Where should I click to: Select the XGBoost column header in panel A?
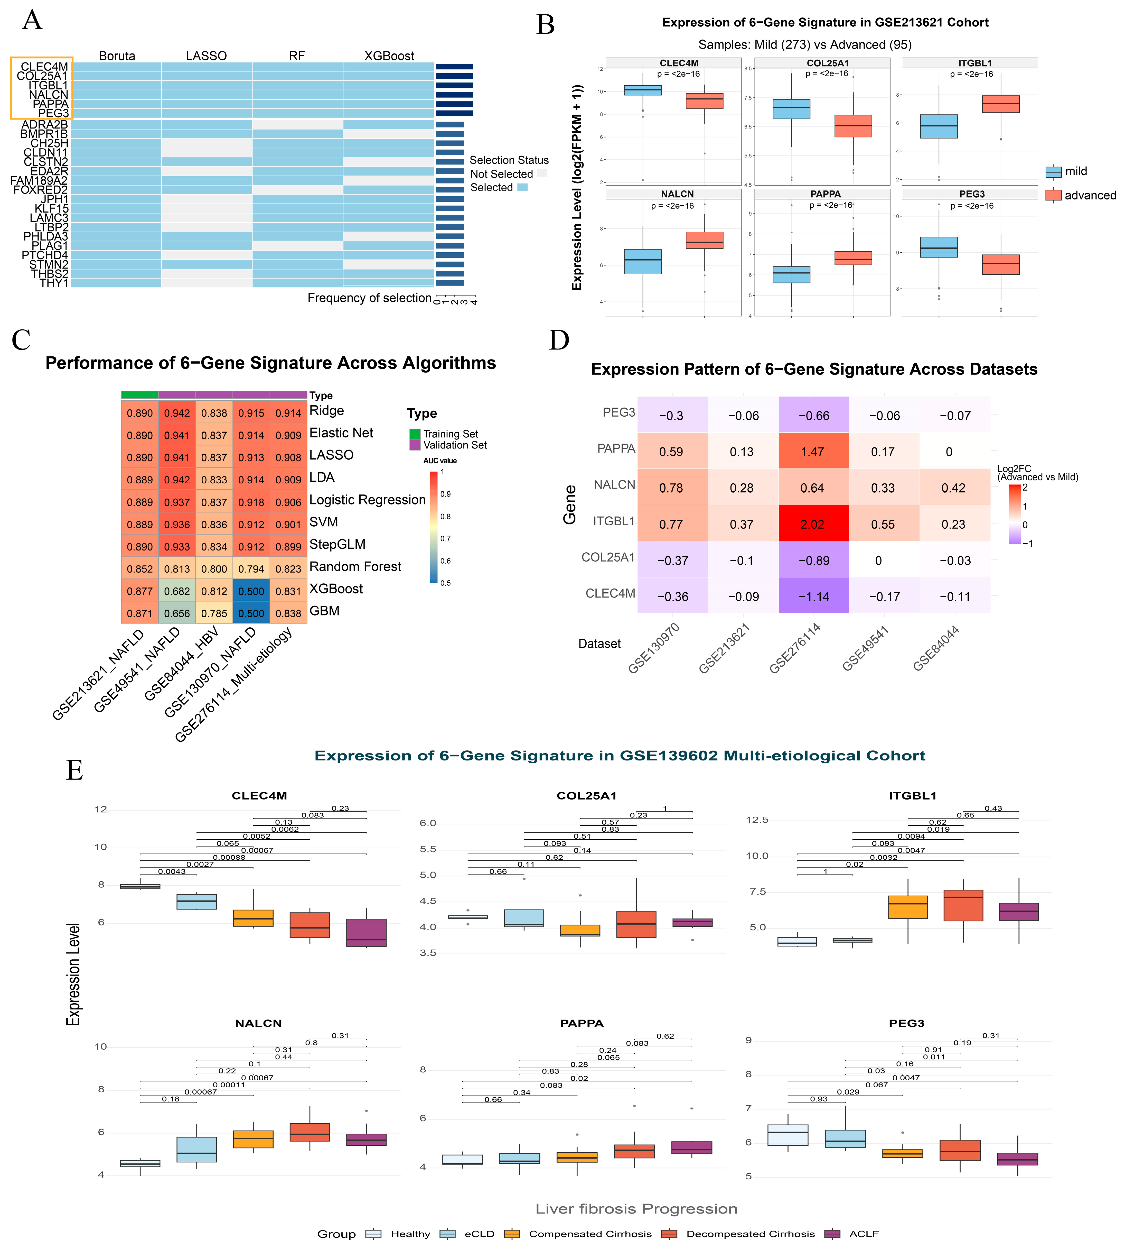[x=389, y=56]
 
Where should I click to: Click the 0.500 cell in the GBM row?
[x=251, y=613]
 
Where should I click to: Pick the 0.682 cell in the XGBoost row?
[x=177, y=591]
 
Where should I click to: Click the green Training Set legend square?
[x=415, y=434]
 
